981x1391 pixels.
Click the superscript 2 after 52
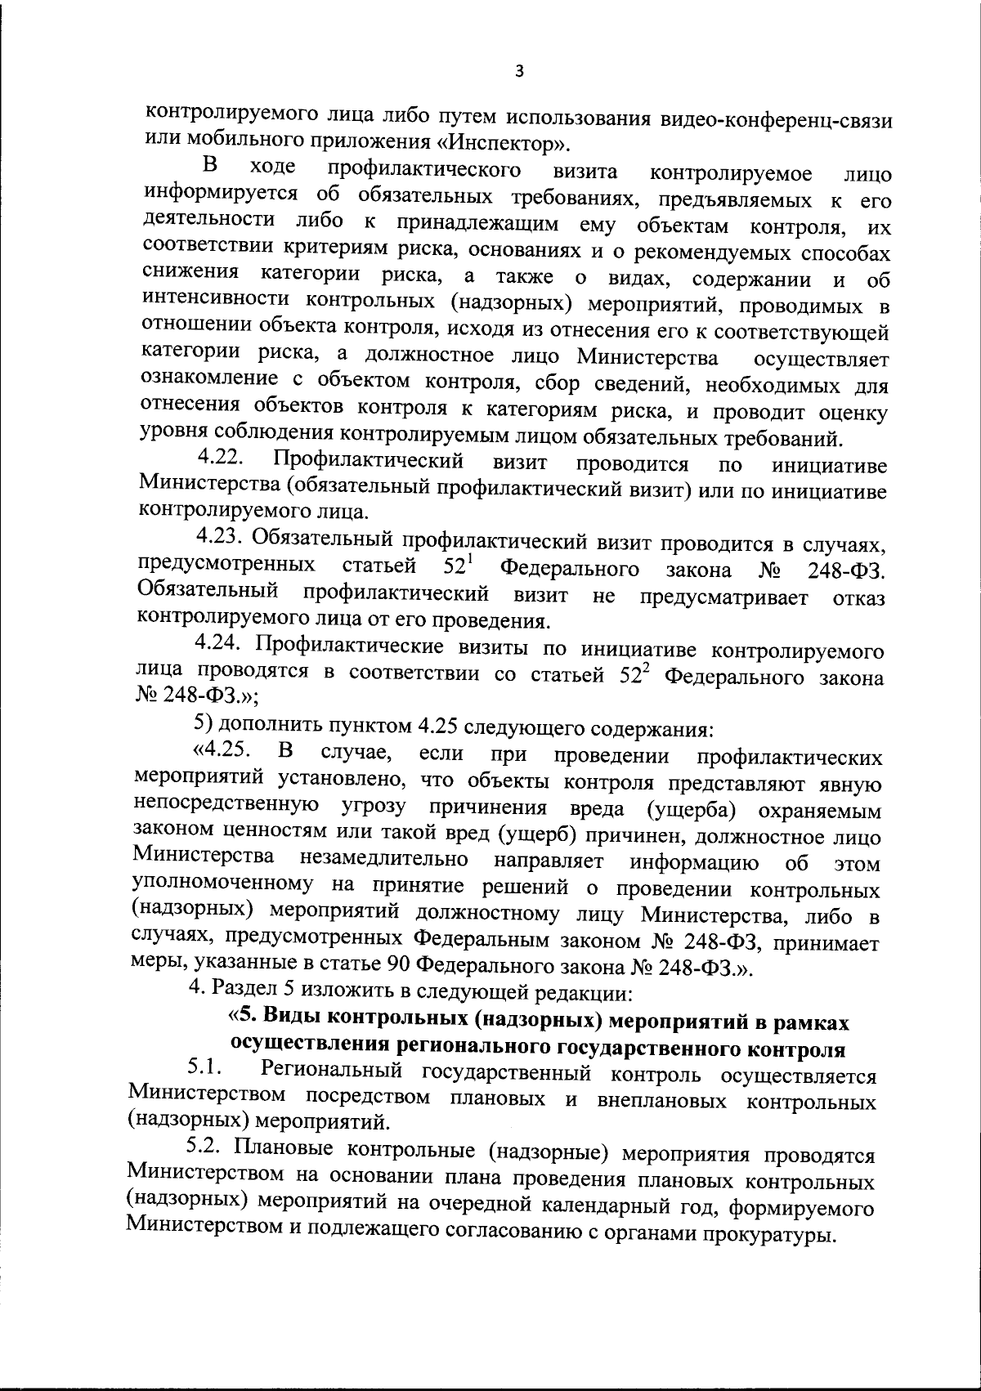click(642, 668)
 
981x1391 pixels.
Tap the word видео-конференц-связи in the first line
click(781, 119)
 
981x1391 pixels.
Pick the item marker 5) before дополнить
click(202, 723)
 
